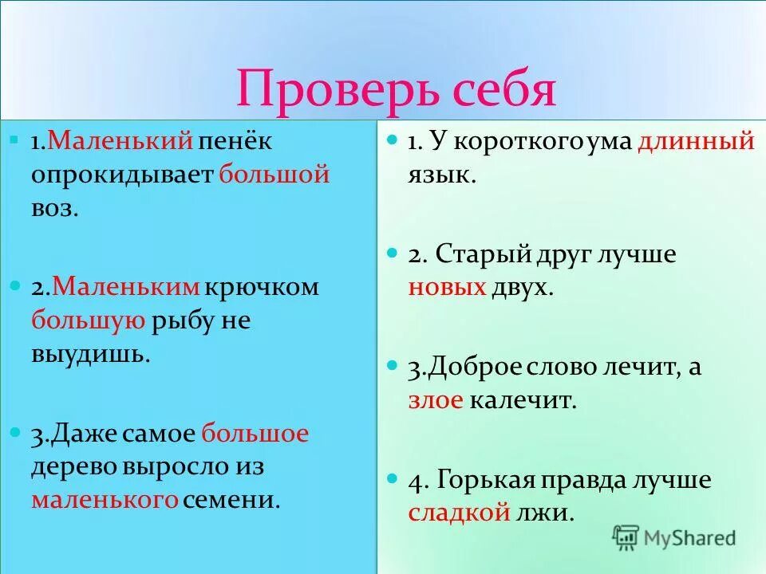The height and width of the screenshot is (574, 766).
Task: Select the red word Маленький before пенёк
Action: click(x=120, y=141)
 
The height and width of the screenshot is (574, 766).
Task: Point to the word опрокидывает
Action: click(x=121, y=175)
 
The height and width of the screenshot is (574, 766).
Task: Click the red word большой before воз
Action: click(x=274, y=175)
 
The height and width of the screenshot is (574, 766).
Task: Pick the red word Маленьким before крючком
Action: click(x=128, y=286)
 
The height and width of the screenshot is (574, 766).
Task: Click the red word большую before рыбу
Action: click(x=88, y=320)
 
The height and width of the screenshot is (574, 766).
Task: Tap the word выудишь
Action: click(x=90, y=354)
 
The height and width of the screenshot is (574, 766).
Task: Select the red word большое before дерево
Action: click(x=255, y=434)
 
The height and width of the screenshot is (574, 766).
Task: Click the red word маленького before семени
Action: click(x=104, y=500)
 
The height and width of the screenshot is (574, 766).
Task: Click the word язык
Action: click(x=441, y=175)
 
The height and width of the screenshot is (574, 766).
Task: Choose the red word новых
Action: click(x=447, y=288)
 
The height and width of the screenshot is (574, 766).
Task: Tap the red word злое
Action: click(x=435, y=400)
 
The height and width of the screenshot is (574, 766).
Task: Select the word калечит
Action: click(x=523, y=400)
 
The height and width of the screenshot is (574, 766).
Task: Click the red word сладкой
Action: click(x=459, y=513)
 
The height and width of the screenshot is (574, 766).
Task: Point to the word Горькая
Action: click(x=488, y=480)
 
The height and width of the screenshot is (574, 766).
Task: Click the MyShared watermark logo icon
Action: click(x=626, y=537)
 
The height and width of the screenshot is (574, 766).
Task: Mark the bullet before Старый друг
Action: click(x=392, y=253)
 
